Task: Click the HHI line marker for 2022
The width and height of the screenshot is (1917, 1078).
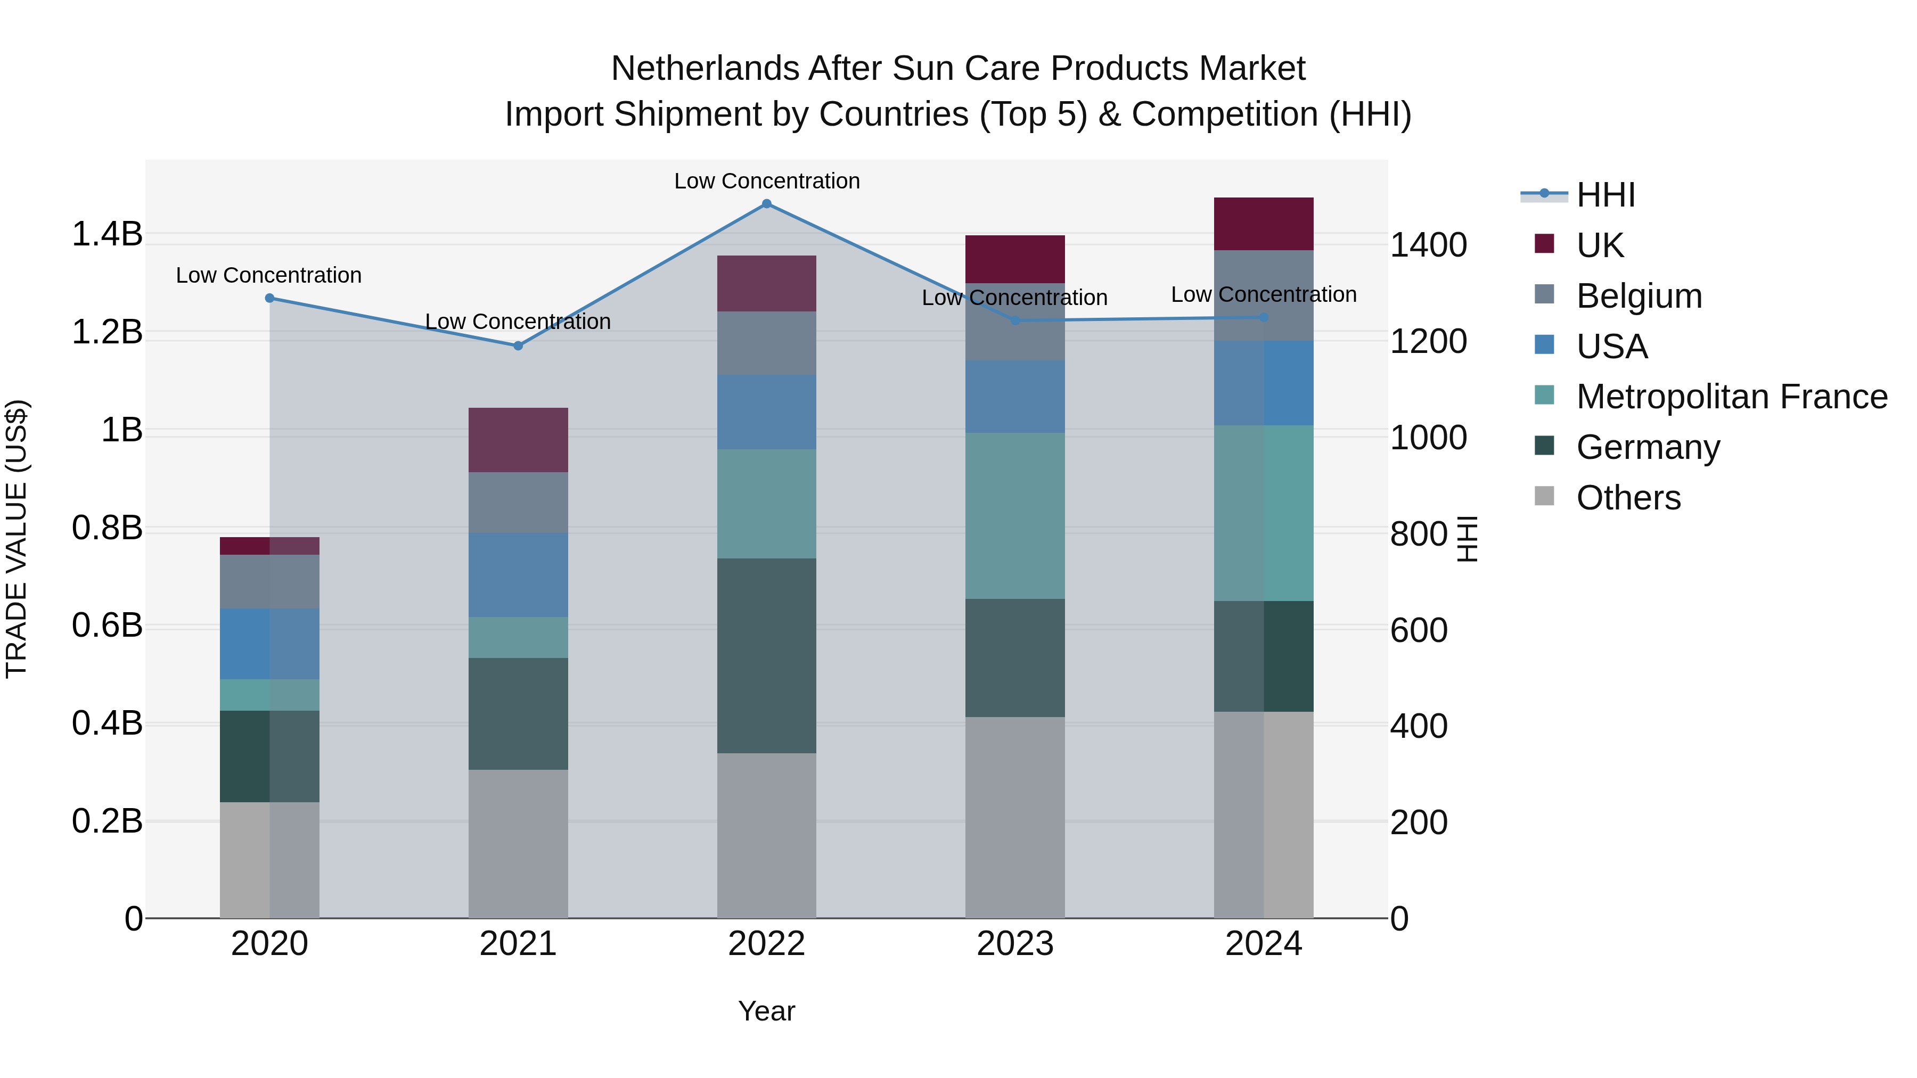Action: [766, 204]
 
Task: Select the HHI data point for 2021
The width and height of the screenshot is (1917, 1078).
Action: [518, 345]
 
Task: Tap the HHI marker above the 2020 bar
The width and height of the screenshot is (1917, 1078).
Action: [269, 298]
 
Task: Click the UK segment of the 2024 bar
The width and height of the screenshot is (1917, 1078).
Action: [1263, 224]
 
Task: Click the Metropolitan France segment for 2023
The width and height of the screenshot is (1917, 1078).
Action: [1014, 515]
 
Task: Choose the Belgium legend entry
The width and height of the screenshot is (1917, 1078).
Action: [1638, 296]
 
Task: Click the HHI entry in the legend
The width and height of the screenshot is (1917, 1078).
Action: [1605, 195]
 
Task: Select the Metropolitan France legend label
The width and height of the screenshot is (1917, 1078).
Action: [1731, 397]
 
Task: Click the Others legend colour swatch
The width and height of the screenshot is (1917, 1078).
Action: [1544, 496]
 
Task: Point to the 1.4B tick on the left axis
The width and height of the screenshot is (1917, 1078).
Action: [106, 234]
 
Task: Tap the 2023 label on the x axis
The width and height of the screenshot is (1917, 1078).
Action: [1014, 944]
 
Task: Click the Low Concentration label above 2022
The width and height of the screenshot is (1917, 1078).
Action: [766, 181]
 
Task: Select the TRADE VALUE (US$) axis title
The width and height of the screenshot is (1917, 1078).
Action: [17, 538]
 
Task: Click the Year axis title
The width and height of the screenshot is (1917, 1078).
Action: [766, 1011]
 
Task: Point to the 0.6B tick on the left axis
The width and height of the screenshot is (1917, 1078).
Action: [106, 626]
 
